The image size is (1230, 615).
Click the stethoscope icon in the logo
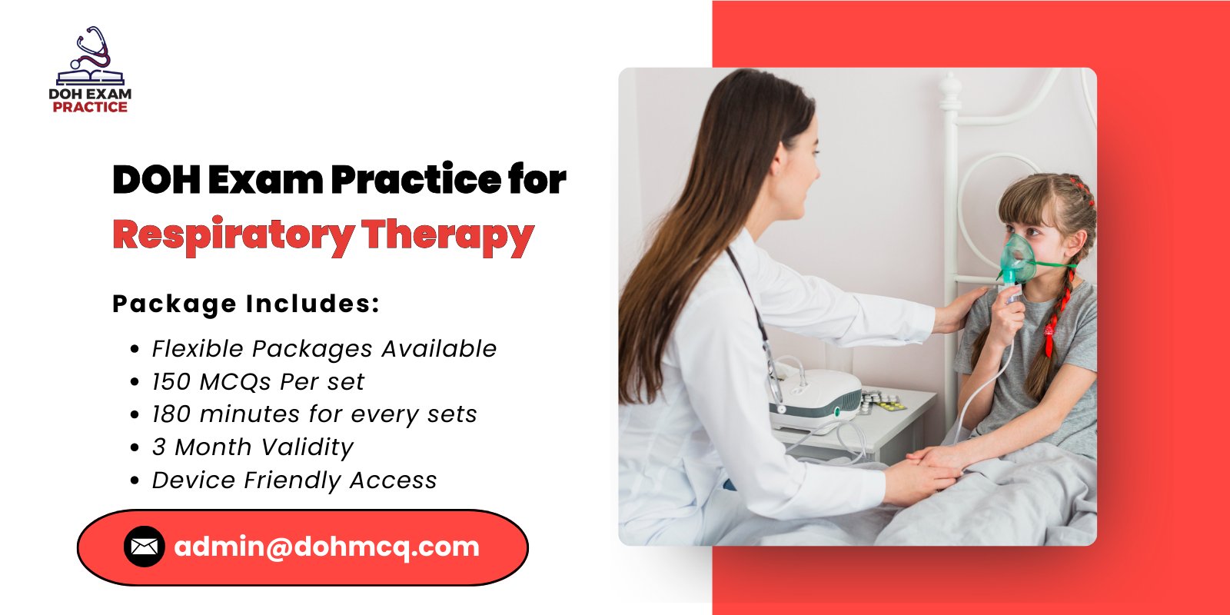tap(92, 48)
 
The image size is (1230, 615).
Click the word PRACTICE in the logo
tap(90, 108)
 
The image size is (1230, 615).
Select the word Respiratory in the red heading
tap(233, 235)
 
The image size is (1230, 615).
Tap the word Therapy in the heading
tap(447, 235)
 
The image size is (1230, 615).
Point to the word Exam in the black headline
tap(265, 180)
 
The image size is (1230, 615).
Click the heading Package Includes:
tap(246, 304)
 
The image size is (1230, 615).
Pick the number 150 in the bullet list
tap(171, 382)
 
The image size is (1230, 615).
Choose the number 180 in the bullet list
tap(171, 414)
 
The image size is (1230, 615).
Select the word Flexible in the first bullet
tap(198, 349)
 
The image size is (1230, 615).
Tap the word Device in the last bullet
tap(194, 480)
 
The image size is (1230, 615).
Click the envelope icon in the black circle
tap(145, 547)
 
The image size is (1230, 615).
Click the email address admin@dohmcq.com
tap(327, 547)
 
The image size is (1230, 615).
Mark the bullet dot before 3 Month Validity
tap(135, 447)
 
